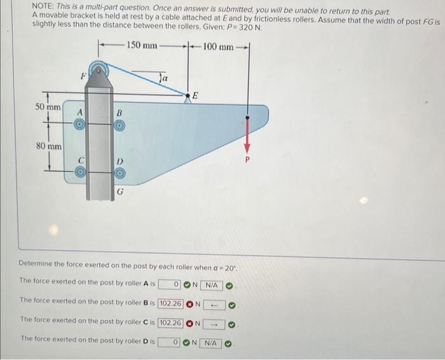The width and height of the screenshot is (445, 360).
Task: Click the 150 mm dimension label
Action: (142, 45)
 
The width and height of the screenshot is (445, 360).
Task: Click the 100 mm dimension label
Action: (217, 45)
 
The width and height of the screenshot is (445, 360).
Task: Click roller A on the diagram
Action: (81, 125)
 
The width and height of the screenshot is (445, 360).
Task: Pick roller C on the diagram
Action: (81, 171)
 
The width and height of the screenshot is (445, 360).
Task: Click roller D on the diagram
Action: (118, 172)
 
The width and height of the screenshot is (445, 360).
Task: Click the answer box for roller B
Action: (170, 303)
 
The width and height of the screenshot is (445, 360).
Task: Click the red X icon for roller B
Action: (189, 303)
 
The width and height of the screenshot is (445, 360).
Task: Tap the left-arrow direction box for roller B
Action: (215, 303)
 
